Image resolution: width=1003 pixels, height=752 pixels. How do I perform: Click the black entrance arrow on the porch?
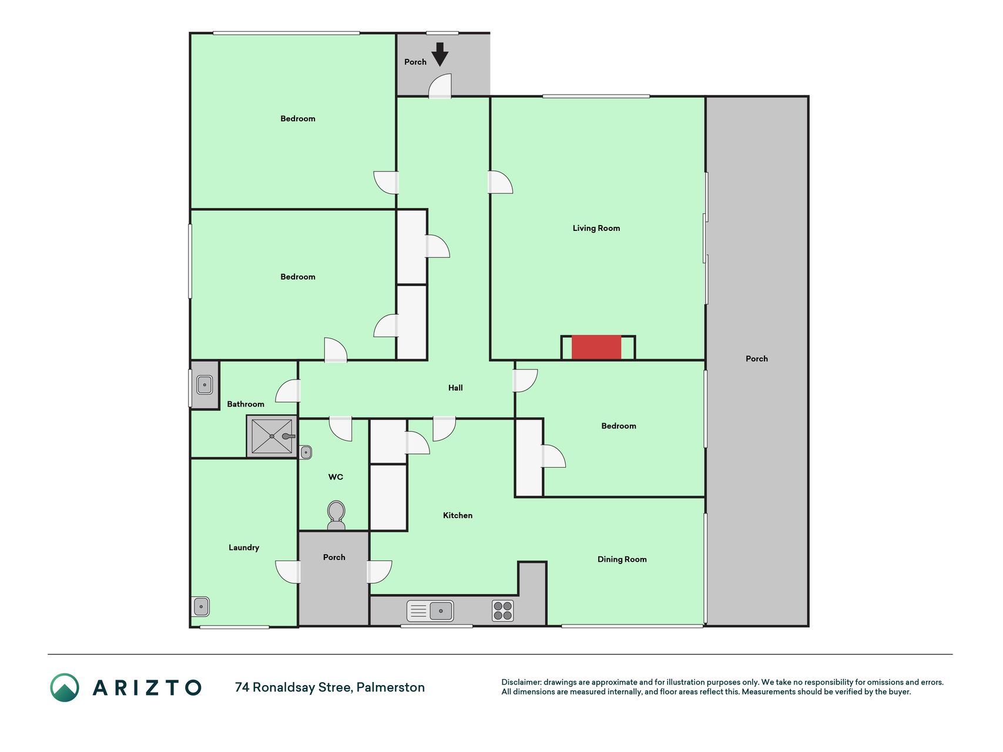pos(440,54)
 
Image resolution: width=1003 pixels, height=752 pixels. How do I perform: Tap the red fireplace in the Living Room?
pos(596,347)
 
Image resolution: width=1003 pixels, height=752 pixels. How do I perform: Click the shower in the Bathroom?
pos(272,436)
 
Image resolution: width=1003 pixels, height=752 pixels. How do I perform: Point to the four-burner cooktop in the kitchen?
pos(503,611)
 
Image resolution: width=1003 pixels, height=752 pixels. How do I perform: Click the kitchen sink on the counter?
pos(430,611)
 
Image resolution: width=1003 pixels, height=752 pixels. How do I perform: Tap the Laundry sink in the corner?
pos(201,606)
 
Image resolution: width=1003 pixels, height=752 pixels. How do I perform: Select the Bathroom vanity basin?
pos(204,385)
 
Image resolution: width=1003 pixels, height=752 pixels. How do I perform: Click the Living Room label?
pos(596,228)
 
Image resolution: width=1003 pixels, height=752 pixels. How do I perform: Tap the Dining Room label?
pos(622,559)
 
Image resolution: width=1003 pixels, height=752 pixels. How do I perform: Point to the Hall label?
pos(455,388)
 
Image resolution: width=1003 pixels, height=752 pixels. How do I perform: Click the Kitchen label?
pos(458,515)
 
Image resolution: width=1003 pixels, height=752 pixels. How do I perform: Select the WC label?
pos(336,476)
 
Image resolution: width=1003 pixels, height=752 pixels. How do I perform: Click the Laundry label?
pos(244,548)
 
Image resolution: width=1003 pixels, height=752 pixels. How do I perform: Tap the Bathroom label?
pos(246,404)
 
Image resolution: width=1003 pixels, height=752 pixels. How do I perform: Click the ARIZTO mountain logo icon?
pos(65,687)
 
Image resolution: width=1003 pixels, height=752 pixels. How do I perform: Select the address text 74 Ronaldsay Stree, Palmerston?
pos(330,687)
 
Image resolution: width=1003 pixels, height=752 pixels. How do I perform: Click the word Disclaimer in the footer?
pos(521,682)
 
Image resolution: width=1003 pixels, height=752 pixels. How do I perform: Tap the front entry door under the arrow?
pos(440,86)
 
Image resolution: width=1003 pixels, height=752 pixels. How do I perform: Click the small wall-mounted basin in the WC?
pos(306,452)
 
